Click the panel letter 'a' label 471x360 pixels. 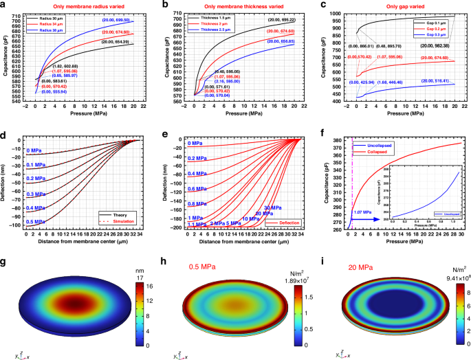click(5, 5)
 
